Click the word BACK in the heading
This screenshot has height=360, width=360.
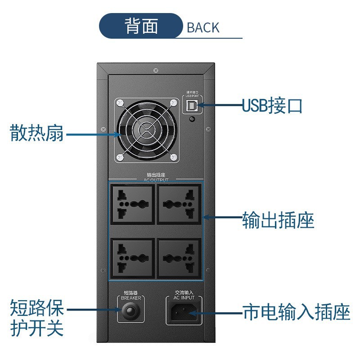click(203, 27)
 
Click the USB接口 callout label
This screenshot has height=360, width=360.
click(272, 106)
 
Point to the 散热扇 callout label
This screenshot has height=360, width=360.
click(37, 133)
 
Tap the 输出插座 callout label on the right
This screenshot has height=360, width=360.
click(278, 220)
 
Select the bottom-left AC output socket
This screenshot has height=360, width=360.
click(132, 257)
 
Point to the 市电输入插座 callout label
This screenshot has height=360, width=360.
click(296, 312)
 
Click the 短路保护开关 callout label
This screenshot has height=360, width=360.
click(37, 319)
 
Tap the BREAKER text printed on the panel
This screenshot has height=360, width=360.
click(131, 298)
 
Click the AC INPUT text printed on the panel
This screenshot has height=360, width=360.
click(184, 298)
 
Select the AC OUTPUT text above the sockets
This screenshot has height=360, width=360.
click(156, 180)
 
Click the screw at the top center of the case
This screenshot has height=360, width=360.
click(156, 70)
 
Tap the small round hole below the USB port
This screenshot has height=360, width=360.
click(193, 119)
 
